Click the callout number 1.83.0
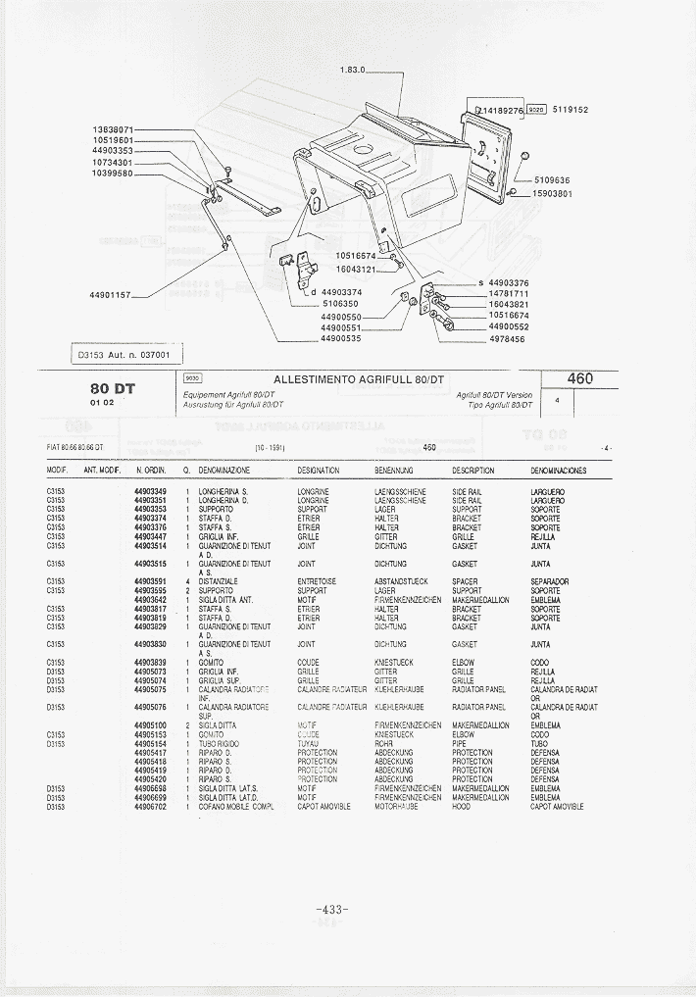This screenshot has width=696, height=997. click(352, 70)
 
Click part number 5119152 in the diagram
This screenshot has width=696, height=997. click(570, 110)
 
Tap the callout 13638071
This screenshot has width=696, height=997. click(113, 129)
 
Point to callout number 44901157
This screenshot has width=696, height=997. click(110, 294)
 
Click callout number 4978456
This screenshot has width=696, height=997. click(509, 338)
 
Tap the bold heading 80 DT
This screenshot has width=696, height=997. click(112, 388)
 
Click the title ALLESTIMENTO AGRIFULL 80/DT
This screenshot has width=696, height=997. click(359, 379)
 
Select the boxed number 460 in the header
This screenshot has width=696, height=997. click(580, 378)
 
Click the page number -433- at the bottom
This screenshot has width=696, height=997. click(333, 910)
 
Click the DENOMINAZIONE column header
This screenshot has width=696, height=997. click(224, 471)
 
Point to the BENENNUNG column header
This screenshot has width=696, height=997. click(394, 471)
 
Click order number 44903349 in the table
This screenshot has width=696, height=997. click(150, 491)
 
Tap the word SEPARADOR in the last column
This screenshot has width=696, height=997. click(549, 581)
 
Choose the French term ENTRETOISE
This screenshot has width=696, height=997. click(317, 581)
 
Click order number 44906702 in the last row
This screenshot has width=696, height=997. click(150, 807)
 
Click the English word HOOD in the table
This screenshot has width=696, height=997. click(461, 807)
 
